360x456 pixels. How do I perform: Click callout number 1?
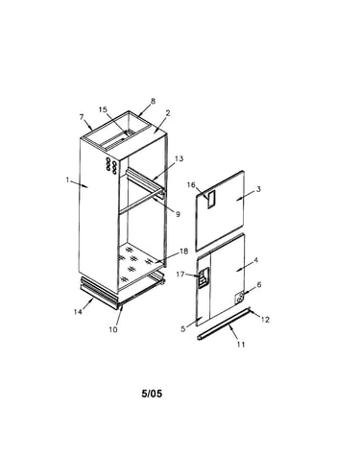coord(67,180)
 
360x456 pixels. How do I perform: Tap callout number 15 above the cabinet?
coord(103,109)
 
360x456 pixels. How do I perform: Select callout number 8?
coord(153,101)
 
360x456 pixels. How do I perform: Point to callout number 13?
coord(180,158)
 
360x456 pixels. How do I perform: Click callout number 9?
coord(178,214)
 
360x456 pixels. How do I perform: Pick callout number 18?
coord(183,252)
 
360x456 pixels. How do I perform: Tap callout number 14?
coord(78,311)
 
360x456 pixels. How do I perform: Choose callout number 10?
coord(113,329)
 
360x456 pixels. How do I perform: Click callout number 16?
coord(191,185)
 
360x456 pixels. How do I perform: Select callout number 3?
coord(258,189)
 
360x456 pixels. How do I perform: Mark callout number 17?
coord(180,275)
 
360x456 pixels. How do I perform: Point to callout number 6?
coord(259,284)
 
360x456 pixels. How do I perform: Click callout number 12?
coord(265,320)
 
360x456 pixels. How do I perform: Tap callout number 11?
coord(241,345)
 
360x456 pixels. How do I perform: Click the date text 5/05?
coord(152,394)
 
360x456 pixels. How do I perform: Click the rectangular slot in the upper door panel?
coord(211,200)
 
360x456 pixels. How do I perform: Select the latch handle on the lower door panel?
coord(204,277)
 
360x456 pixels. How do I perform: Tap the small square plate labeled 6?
coord(240,298)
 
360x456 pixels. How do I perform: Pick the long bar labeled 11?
coord(223,324)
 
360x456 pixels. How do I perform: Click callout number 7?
coord(82,117)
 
